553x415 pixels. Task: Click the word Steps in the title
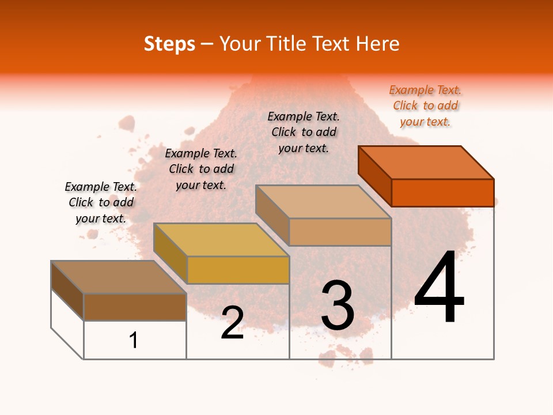pos(169,44)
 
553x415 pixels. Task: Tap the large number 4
pos(439,288)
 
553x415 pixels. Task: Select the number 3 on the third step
pos(338,305)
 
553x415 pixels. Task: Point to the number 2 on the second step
pos(233,323)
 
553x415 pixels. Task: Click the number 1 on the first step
pos(133,340)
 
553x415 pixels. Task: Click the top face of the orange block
pos(426,162)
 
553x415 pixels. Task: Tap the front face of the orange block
pos(442,193)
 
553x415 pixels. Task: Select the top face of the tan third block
pos(323,202)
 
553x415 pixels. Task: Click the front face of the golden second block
pos(238,270)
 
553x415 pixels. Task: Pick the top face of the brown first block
pos(119,277)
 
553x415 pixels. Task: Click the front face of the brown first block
pos(135,307)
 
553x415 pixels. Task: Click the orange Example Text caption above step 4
pos(425,106)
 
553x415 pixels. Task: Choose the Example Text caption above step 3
pos(304,132)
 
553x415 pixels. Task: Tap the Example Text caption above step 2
pos(201,169)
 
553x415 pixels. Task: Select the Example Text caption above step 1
pos(101,202)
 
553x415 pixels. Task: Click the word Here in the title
pos(378,44)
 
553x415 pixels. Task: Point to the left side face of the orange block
pos(374,175)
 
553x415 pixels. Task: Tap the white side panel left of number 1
pos(67,323)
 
